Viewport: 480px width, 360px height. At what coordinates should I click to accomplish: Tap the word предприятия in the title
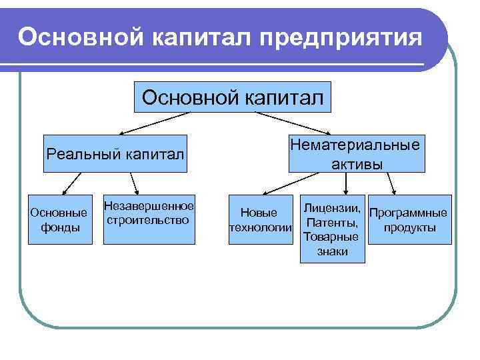coord(341,38)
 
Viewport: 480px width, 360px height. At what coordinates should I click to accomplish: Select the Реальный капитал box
coord(115,155)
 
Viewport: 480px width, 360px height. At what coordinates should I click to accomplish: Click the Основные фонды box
coord(59,220)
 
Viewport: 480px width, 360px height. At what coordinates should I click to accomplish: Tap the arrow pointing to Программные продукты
coord(394,184)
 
